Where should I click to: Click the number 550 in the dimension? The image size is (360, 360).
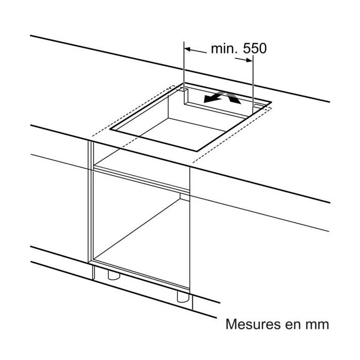255,48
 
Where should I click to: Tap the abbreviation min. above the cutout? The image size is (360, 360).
224,48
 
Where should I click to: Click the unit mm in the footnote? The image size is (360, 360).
317,326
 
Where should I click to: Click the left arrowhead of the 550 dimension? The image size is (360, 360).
188,49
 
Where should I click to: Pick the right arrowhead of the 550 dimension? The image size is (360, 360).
249,60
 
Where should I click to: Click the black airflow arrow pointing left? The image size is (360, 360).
212,97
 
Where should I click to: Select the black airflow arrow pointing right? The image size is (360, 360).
233,98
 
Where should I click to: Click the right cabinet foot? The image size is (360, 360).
183,297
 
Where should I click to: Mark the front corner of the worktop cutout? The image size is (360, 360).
197,151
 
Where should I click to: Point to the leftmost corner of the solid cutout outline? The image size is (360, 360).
110,129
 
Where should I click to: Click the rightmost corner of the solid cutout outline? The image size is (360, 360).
272,102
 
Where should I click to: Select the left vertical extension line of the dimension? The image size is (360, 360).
184,73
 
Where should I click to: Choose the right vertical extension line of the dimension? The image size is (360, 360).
253,84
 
